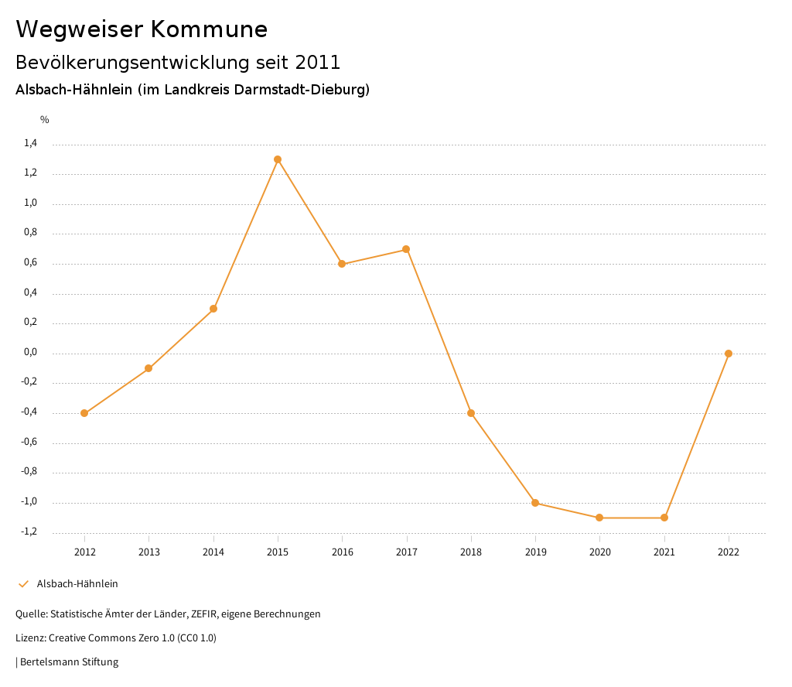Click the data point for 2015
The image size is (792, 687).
click(x=278, y=159)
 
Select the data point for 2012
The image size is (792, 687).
click(x=84, y=413)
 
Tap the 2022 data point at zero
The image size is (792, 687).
click(x=729, y=354)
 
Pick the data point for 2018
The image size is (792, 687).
click(x=471, y=413)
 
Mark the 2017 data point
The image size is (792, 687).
click(x=406, y=249)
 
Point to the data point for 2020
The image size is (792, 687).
click(x=599, y=518)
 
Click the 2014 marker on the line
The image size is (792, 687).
click(x=213, y=309)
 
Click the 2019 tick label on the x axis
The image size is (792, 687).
click(x=535, y=552)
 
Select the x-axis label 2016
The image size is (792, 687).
click(x=342, y=552)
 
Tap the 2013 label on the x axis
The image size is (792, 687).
click(x=148, y=552)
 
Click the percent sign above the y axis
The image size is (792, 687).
click(x=45, y=119)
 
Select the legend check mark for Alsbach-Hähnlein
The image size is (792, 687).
click(x=23, y=584)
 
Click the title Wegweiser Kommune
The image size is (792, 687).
click(x=142, y=29)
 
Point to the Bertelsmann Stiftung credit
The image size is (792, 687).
click(x=69, y=662)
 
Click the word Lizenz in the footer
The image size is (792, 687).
click(x=29, y=638)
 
